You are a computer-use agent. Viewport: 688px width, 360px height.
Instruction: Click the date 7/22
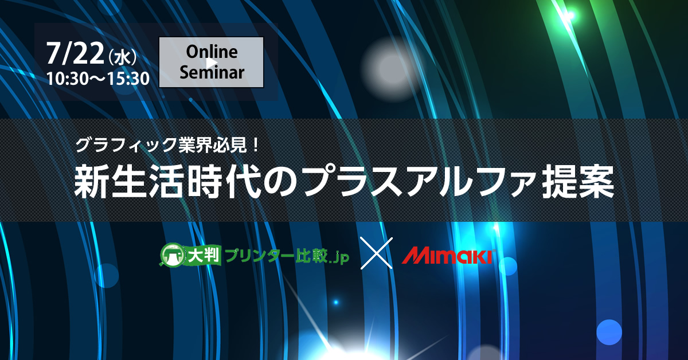75,53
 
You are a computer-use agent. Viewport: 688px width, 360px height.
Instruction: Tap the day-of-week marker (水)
123,57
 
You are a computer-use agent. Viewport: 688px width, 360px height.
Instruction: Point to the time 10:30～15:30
98,79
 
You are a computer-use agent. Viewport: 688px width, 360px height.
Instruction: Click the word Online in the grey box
212,52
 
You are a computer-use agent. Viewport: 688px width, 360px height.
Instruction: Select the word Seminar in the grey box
212,72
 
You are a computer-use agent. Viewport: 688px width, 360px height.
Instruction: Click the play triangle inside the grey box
212,63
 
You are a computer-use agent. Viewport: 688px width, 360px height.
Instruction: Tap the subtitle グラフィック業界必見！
167,144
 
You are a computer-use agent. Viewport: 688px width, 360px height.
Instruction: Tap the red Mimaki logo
448,256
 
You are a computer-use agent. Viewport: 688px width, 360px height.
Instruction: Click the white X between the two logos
377,253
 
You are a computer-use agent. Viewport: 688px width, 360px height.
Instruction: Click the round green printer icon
173,255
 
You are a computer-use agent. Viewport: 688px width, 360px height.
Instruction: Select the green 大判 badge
204,255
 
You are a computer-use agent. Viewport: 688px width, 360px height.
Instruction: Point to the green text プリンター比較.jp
287,256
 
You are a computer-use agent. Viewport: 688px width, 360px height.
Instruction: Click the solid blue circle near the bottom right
609,332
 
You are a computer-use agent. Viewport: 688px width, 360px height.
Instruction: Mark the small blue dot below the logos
336,302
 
